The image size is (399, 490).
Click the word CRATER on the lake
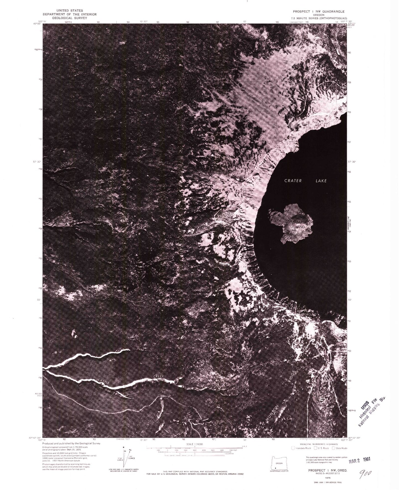[x=293, y=181]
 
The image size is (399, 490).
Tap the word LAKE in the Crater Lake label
[x=321, y=181]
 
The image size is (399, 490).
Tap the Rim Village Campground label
[x=306, y=313]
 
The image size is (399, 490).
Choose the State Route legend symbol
[x=334, y=448]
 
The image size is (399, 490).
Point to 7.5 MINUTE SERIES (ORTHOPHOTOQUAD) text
[x=319, y=18]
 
